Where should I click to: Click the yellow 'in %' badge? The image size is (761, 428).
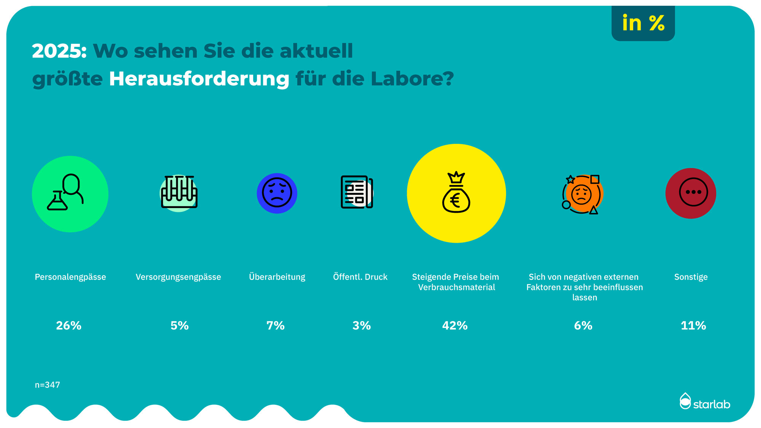[643, 23]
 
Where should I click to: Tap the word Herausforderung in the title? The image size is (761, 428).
[199, 79]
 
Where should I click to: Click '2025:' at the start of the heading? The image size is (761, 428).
[59, 51]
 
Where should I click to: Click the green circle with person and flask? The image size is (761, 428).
[70, 194]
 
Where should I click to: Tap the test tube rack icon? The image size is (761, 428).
[179, 193]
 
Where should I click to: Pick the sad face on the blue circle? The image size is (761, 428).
[277, 193]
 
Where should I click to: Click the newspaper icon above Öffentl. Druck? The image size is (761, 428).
[357, 192]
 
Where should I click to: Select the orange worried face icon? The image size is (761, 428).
[581, 194]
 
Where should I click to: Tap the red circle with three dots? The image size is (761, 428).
[691, 193]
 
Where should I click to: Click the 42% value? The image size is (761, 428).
[455, 326]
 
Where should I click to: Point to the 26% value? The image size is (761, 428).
[68, 326]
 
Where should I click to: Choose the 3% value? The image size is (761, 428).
[361, 326]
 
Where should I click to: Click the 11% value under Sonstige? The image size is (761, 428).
[693, 326]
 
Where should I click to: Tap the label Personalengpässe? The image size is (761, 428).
[70, 277]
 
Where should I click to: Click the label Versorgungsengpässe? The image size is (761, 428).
[178, 277]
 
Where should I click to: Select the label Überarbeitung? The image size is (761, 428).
[277, 277]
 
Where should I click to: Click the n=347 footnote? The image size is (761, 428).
[48, 385]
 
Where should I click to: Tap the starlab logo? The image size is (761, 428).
[705, 402]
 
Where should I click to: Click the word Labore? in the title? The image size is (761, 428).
[412, 79]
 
